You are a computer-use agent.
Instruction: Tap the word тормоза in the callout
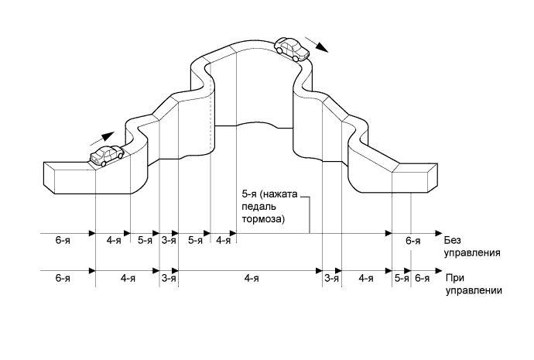coord(262,219)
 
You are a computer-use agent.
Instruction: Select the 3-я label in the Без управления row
coord(169,241)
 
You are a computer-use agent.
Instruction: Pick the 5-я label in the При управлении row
coord(401,278)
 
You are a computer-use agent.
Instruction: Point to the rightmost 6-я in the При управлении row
coord(423,278)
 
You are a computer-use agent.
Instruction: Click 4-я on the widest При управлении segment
coord(251,278)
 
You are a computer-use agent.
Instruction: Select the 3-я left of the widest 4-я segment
coord(169,278)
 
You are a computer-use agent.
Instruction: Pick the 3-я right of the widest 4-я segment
coord(331,278)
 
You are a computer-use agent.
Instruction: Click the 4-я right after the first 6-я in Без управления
coord(113,241)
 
